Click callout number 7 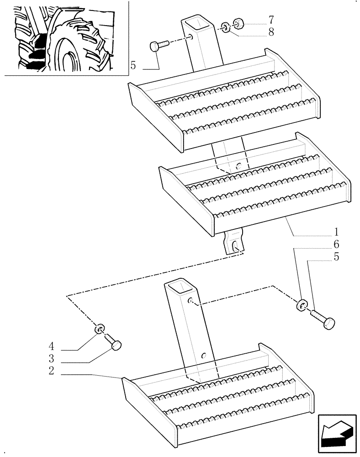[x=271, y=20]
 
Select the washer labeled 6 [x=301, y=304]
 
